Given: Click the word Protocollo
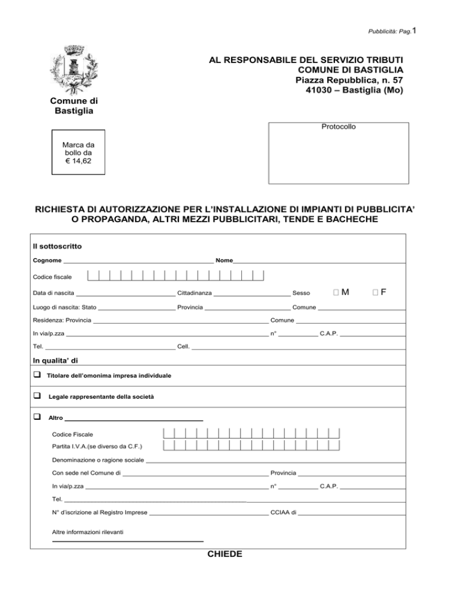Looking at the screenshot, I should pyautogui.click(x=338, y=127).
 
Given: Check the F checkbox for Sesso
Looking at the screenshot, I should pyautogui.click(x=375, y=293).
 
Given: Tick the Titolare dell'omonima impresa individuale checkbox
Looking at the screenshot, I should pyautogui.click(x=37, y=375).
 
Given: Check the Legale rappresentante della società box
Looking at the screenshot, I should pyautogui.click(x=37, y=396).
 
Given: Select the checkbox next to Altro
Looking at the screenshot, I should pyautogui.click(x=37, y=417).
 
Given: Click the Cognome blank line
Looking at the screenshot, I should pyautogui.click(x=138, y=261).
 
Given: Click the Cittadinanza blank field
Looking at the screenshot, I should pyautogui.click(x=252, y=294).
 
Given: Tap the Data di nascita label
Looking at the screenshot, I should pyautogui.click(x=53, y=294).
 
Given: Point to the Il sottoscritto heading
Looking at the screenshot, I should pyautogui.click(x=58, y=246).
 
